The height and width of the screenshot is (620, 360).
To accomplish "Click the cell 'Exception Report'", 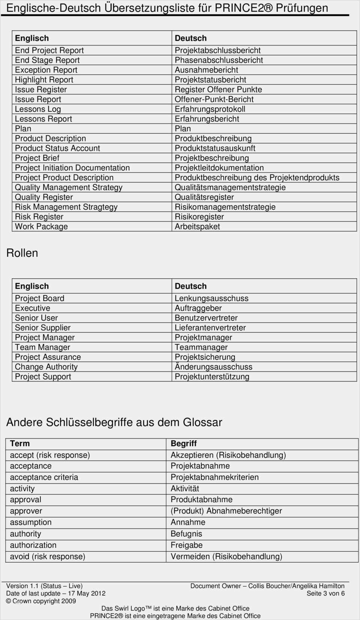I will pos(46,70).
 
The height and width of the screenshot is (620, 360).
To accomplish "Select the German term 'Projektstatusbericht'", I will pos(210,80).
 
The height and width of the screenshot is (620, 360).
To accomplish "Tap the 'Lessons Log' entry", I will pos(38,109).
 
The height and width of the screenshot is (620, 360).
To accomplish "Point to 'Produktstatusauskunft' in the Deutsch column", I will pos(215,149).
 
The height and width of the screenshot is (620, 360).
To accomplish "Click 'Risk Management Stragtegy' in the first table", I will pos(66,207).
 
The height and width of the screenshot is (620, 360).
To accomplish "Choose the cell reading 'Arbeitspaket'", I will pos(197,227).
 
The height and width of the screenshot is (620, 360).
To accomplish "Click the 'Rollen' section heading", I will pos(22,253).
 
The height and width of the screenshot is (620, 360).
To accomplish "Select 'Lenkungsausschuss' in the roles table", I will pos(211,299).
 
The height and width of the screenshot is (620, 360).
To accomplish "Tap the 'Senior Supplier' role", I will pos(43,328).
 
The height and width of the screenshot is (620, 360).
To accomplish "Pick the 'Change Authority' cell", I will pos(46,367).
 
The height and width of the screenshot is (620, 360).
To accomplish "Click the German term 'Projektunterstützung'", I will pos(212,377).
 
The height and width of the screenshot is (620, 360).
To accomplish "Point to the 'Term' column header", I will pos(20,444).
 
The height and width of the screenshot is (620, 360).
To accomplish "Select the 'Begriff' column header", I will pos(184,444).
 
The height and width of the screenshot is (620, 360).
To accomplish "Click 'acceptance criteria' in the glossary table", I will pos(44,477).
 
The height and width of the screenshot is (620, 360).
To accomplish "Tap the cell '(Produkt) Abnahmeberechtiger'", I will pos(226,511).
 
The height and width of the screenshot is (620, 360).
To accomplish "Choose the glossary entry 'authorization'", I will pos(33,545).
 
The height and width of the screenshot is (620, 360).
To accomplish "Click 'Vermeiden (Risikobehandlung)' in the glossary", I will pos(226,557).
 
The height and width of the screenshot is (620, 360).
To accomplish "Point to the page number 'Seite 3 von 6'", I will pos(325,593).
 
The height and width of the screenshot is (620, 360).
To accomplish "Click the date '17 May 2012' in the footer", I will pos(87,593).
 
